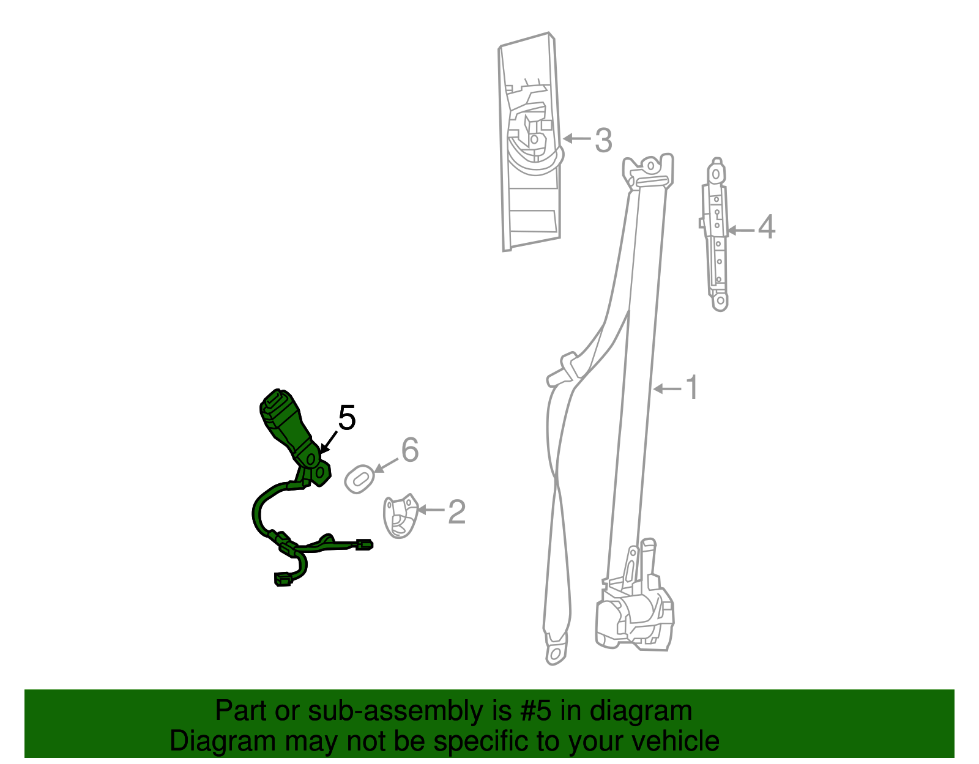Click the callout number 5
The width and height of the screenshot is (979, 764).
(346, 419)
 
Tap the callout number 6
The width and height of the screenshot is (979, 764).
(409, 450)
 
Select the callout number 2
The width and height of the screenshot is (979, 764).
(456, 512)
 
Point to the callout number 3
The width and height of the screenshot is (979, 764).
(603, 140)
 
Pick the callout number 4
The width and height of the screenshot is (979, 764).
(766, 227)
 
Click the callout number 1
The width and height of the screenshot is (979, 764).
(691, 388)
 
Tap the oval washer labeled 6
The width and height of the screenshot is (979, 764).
(359, 478)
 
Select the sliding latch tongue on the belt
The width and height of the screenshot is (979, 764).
(564, 369)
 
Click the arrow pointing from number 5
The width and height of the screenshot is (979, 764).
(328, 441)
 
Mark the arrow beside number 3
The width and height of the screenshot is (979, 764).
(576, 139)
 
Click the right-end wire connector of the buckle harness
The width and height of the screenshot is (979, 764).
(364, 545)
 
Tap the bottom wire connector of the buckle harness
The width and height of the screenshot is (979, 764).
(283, 579)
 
